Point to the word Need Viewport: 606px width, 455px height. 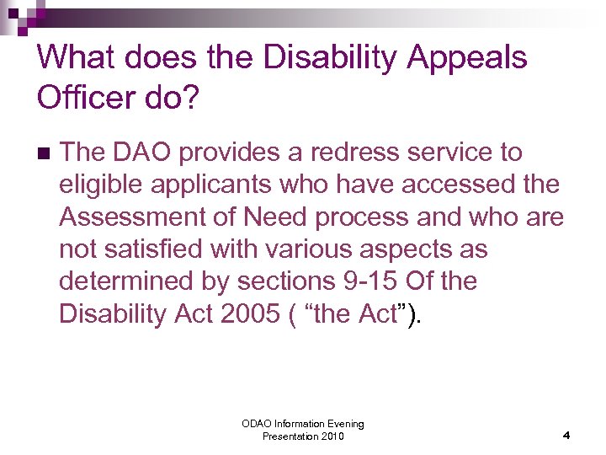(x=275, y=217)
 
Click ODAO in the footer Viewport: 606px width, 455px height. (x=257, y=424)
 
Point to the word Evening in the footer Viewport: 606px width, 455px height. (x=343, y=424)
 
